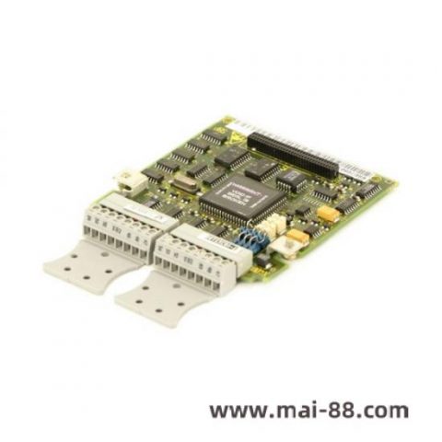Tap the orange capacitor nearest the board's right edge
click(x=327, y=215)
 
